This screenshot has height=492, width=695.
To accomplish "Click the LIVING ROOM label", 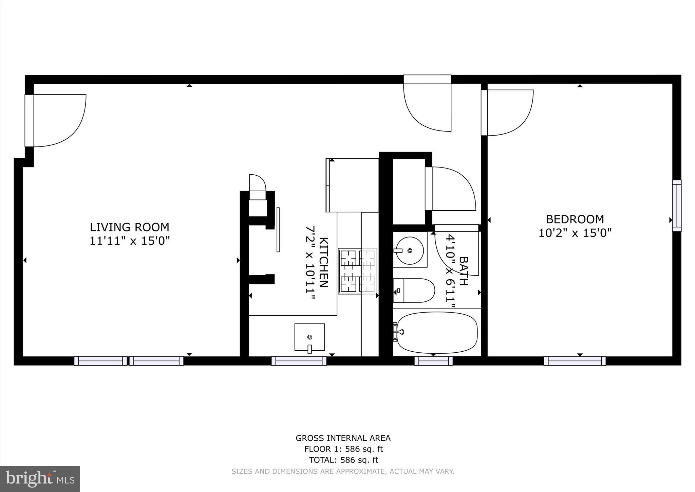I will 129,227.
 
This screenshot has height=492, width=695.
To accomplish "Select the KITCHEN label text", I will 323,262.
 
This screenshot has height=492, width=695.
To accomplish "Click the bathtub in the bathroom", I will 437,333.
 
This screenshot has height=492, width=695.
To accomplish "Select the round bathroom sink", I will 410,250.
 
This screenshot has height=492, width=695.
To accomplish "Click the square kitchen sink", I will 309,337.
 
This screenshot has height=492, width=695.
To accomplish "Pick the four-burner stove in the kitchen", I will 357,271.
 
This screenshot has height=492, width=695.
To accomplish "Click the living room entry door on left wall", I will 54,121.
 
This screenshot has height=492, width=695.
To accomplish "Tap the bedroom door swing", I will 507,112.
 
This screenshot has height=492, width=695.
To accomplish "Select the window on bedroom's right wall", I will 677,206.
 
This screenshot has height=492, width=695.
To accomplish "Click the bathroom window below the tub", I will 433,361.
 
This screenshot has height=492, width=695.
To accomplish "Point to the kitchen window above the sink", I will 299,361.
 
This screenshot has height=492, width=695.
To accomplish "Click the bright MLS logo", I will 40,479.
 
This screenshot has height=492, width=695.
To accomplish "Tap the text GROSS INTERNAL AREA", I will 343,438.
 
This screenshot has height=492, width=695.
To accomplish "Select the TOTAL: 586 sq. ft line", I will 343,460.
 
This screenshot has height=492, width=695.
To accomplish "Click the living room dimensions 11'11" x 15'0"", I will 129,241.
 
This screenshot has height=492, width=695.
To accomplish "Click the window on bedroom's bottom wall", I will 575,361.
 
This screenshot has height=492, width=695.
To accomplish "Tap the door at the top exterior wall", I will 427,102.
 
